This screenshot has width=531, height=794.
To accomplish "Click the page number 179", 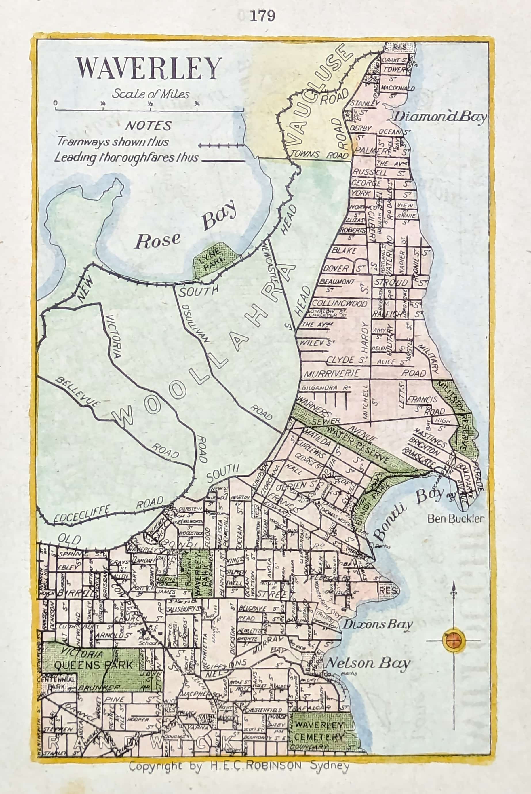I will click(x=262, y=16).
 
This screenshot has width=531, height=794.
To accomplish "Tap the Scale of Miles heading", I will click(x=151, y=94).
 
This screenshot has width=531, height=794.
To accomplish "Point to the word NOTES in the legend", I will click(x=148, y=126).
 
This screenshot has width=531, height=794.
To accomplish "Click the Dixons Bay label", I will click(x=377, y=624).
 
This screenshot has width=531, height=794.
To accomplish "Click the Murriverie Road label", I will click(x=331, y=374).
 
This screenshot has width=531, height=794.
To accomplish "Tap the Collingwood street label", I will click(x=340, y=303).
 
